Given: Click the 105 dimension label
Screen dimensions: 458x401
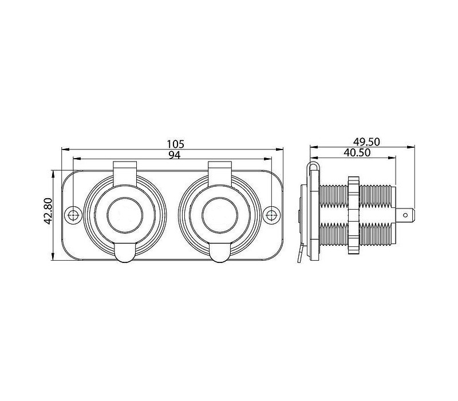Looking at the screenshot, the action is click(176, 144).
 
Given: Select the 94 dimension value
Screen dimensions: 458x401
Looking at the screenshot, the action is click(175, 155).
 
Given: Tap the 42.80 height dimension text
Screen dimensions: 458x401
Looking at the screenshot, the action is click(48, 211).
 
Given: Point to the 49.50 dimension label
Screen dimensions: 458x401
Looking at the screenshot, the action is click(366, 141).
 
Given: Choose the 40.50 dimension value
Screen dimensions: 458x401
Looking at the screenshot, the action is click(357, 152).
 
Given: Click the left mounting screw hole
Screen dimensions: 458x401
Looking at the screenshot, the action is click(73, 215).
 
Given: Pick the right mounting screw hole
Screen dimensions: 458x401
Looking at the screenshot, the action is click(271, 215).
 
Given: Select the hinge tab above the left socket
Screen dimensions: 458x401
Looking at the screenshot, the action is click(125, 174).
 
